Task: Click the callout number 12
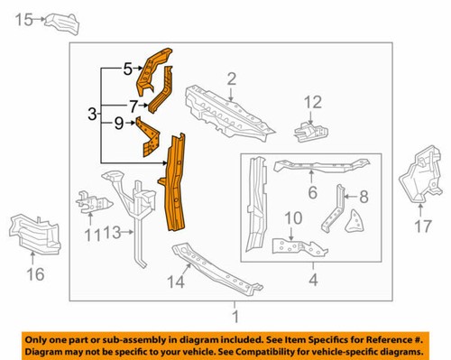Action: pos(312,101)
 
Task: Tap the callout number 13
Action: pos(111,234)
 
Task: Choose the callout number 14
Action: pos(177,282)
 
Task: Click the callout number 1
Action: pos(235,317)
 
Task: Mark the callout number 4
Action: pos(312,279)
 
